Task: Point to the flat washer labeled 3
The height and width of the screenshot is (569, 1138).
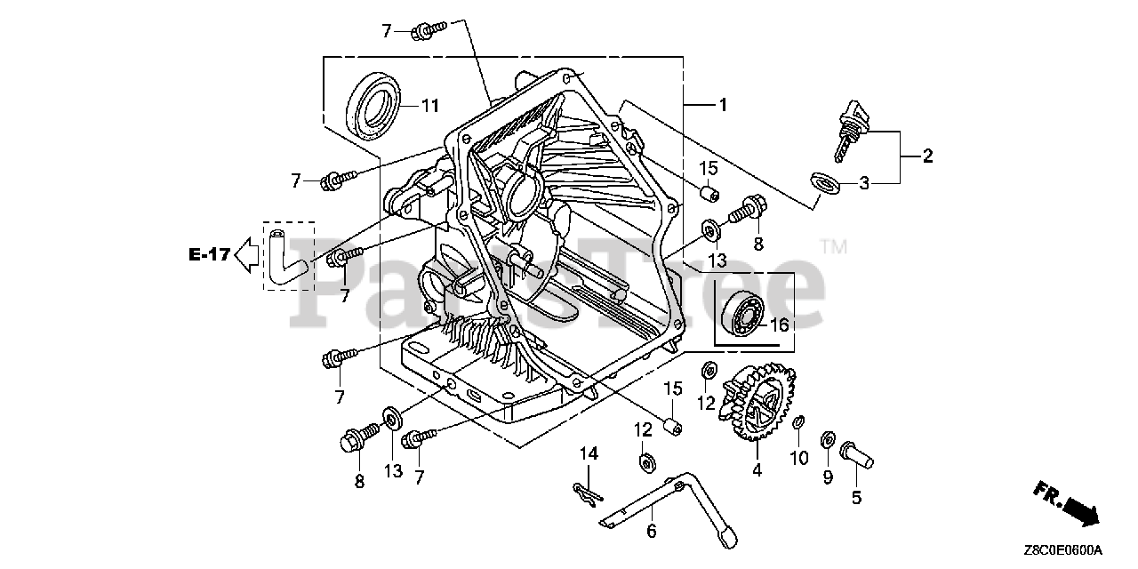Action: click(824, 183)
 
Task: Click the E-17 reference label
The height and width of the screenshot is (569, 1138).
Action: click(209, 254)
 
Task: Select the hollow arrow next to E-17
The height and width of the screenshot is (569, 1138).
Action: click(247, 255)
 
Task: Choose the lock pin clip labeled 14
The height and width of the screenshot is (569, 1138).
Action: click(589, 495)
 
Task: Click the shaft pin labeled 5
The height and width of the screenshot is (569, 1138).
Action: click(856, 454)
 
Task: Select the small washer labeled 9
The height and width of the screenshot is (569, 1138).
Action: click(828, 439)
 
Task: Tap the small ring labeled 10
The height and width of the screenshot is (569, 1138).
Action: click(798, 422)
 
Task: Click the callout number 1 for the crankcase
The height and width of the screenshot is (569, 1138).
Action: click(723, 105)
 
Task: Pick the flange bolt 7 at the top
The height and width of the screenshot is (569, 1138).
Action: click(429, 30)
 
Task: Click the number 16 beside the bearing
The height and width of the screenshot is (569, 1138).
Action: click(780, 325)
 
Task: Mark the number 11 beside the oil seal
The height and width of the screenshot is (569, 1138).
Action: click(429, 106)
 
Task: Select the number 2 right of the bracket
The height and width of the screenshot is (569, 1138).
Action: click(927, 156)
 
